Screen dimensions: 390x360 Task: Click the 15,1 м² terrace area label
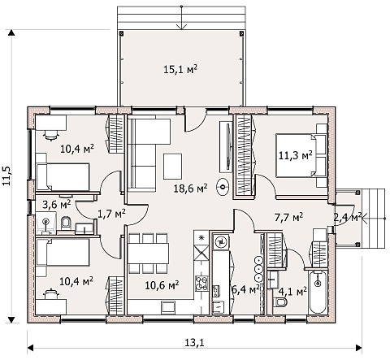coord(180,69)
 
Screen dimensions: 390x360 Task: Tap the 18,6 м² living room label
coord(191,188)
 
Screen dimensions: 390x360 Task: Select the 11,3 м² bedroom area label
coord(296,155)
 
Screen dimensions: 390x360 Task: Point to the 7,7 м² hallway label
coord(288,217)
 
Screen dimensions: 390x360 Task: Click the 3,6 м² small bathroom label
coord(57,204)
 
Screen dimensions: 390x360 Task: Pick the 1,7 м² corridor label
coord(111,214)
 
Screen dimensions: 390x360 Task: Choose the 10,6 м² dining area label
coord(162,284)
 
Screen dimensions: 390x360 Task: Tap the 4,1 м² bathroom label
coord(292,292)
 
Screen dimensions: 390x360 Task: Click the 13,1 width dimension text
coord(194,343)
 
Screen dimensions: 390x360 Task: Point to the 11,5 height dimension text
coord(6,176)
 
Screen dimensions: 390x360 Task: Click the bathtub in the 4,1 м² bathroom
coord(318,292)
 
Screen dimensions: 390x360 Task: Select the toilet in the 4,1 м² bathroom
coord(279,301)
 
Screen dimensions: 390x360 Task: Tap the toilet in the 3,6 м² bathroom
coord(65,223)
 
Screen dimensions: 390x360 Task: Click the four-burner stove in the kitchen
coord(201,284)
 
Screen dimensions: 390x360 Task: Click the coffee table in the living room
coord(172,166)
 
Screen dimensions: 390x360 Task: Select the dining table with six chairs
coord(148,253)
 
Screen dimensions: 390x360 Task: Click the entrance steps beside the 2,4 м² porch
coord(373,219)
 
